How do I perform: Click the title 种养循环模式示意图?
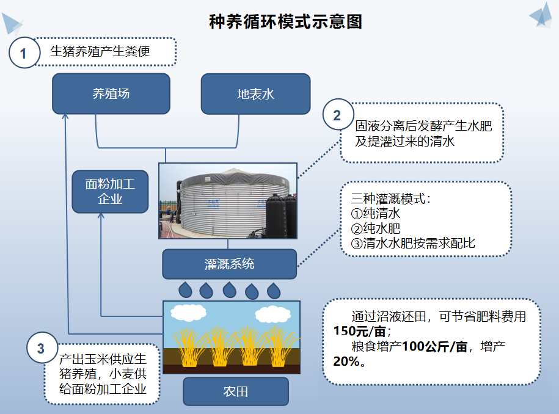[x=285, y=21]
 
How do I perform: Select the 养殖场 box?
[x=111, y=93]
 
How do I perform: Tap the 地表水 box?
[x=255, y=94]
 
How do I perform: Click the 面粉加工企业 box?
[x=110, y=192]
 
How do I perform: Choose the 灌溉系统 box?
[x=229, y=264]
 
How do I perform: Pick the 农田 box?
[x=236, y=391]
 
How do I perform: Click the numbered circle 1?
[x=24, y=53]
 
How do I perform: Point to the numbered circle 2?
[x=338, y=115]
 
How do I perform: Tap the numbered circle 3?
[x=42, y=347]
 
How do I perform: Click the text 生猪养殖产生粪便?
[x=100, y=51]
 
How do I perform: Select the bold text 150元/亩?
[x=359, y=332]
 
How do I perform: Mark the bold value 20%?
[x=346, y=361]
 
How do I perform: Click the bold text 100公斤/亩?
[x=434, y=346]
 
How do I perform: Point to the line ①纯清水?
[x=376, y=214]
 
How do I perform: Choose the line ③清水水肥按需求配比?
[x=413, y=244]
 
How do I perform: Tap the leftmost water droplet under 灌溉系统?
[x=185, y=289]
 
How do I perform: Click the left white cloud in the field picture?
[x=189, y=313]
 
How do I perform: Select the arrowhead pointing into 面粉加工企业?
[x=101, y=216]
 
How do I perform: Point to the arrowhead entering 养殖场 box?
[x=65, y=117]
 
